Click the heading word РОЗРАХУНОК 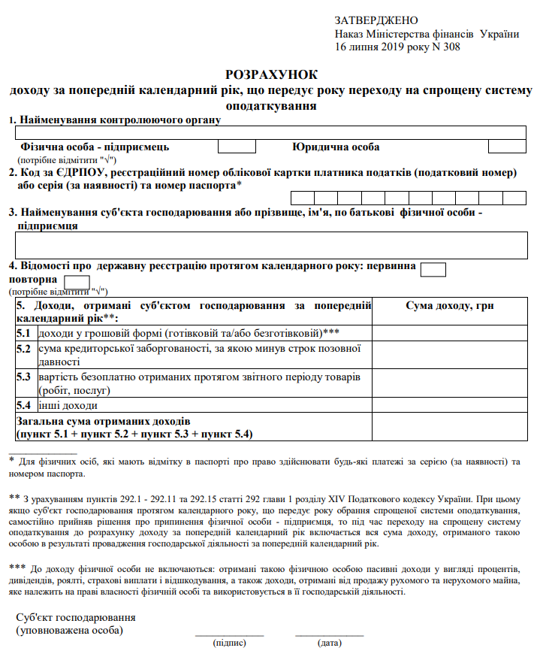tap(271, 74)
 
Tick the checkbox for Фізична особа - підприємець tap(236, 147)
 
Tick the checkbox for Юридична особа tap(507, 147)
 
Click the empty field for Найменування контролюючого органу tap(271, 132)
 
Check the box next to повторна tap(77, 283)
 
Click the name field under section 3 tap(271, 245)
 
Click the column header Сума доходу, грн tap(450, 306)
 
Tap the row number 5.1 tap(24, 332)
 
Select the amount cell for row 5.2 tap(450, 354)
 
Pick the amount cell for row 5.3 tap(450, 383)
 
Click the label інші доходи tap(68, 405)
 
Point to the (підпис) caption tap(229, 643)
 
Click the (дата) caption tap(329, 643)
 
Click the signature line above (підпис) tap(229, 636)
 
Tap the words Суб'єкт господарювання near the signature tap(70, 617)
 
